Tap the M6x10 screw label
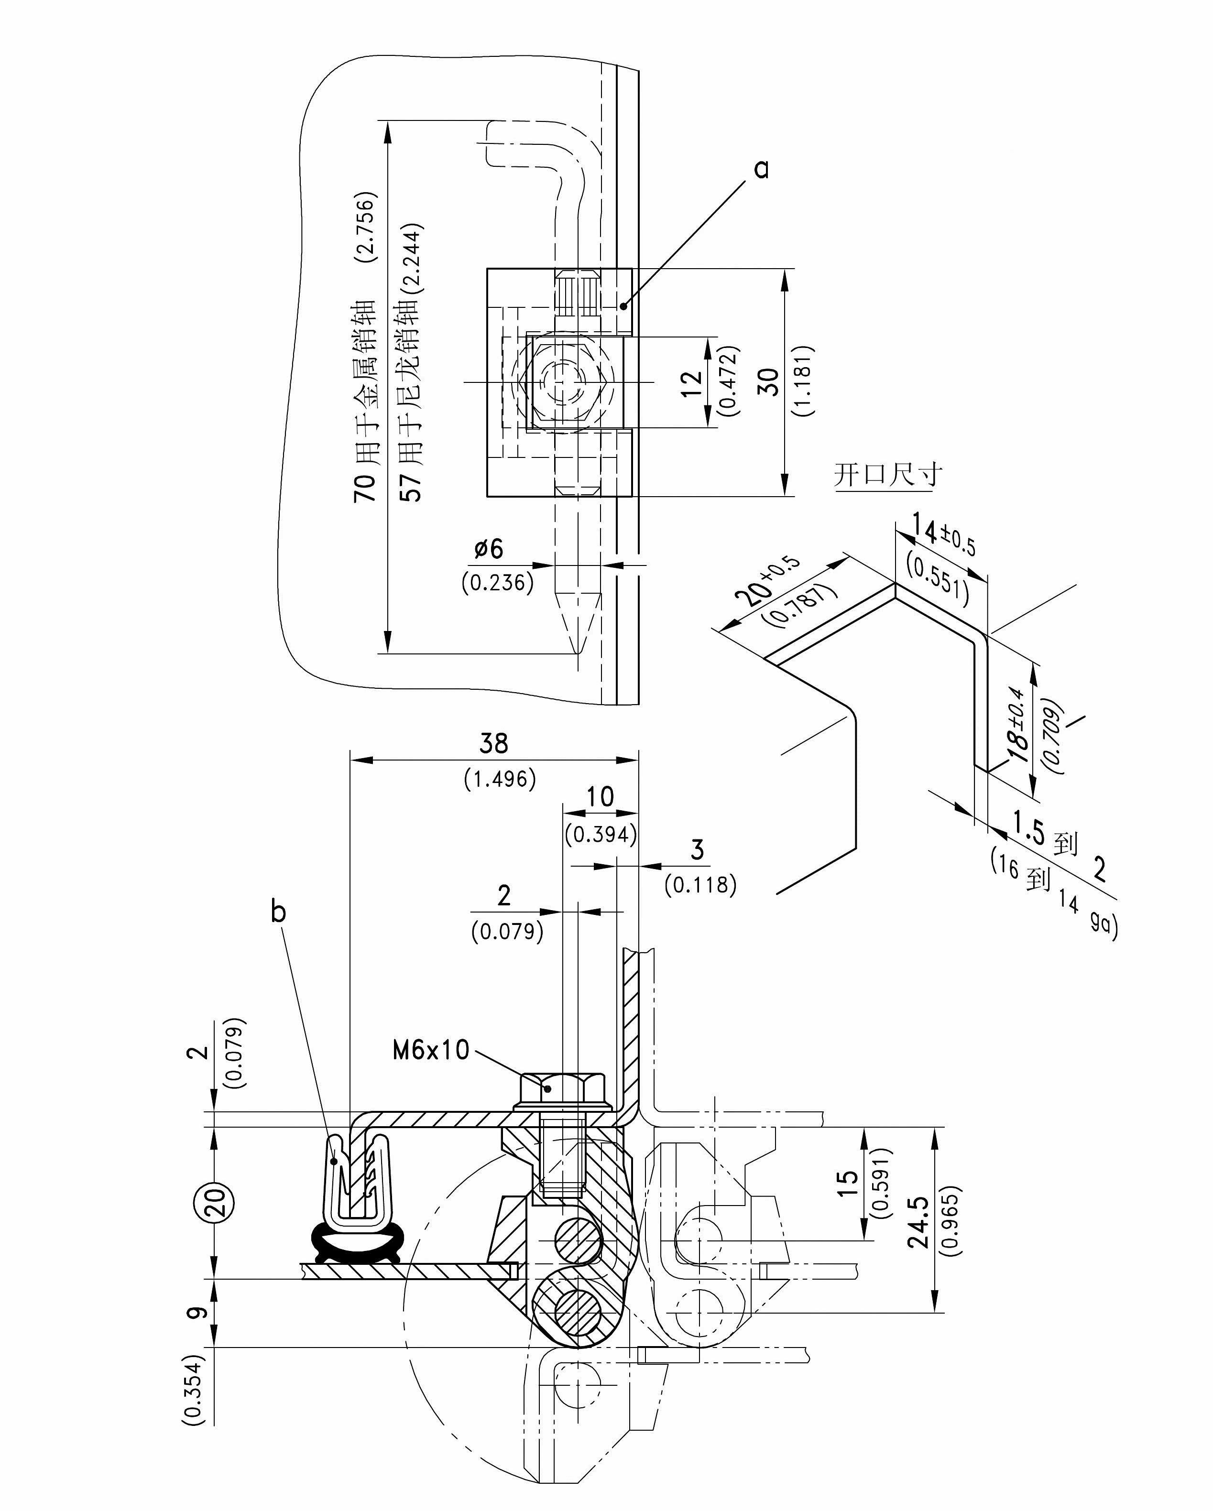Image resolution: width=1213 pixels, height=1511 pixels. tap(430, 1049)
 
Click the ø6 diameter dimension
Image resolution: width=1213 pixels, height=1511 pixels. tap(489, 549)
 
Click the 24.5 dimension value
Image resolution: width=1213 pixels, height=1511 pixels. tap(918, 1221)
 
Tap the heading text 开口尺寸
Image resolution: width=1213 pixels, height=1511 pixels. tap(888, 475)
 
